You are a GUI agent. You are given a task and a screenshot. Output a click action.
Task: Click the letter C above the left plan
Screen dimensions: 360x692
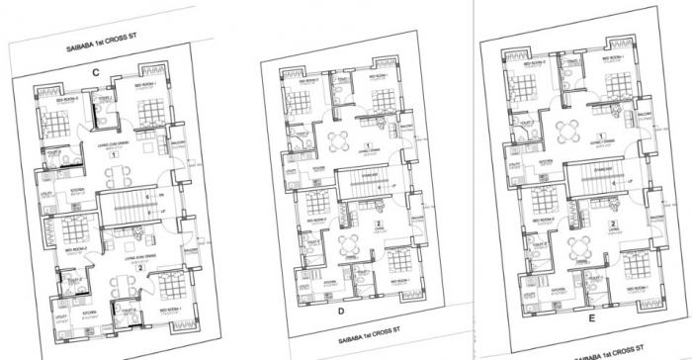(95, 70)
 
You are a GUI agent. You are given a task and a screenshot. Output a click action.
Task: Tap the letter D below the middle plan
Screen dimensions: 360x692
(341, 315)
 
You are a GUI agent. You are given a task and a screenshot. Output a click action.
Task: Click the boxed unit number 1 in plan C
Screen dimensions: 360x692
(115, 154)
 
